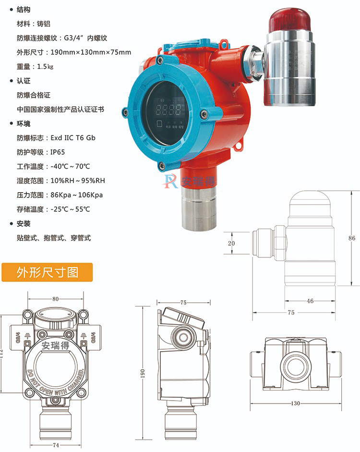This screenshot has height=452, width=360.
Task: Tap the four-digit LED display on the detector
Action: tap(168, 109)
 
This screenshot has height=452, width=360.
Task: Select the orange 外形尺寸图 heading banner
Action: tap(47, 272)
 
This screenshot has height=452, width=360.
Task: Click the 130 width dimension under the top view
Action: tap(296, 403)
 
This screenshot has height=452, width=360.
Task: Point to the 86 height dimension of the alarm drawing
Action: tap(352, 238)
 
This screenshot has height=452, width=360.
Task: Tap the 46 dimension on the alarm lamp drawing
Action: tap(310, 301)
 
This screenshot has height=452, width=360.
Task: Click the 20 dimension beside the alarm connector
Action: tap(231, 243)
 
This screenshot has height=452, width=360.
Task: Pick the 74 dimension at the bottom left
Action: tap(56, 445)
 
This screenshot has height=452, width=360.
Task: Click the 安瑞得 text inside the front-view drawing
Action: tap(56, 345)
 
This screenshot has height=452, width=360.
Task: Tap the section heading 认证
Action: tap(24, 81)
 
